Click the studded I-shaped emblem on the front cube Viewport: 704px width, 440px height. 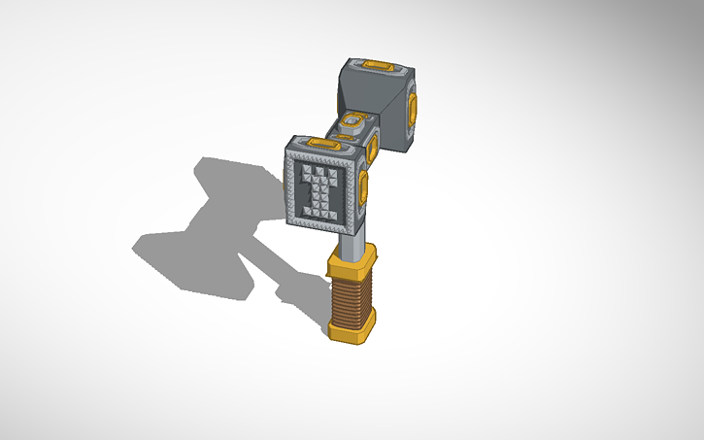[318, 190]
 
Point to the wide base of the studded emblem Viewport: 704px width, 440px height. [318, 211]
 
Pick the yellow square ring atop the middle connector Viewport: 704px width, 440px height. [352, 121]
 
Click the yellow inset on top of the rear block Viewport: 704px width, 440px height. [379, 67]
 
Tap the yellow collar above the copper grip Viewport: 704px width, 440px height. [352, 260]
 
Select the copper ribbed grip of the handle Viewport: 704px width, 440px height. [352, 297]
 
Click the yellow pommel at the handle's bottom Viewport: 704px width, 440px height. [351, 328]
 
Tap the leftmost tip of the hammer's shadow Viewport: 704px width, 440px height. [134, 247]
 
